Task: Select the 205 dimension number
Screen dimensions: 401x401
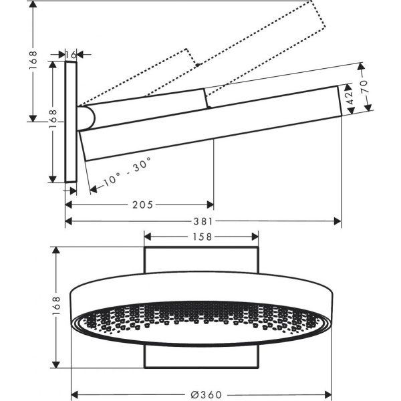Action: point(142,204)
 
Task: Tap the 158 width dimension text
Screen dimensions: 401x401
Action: point(202,237)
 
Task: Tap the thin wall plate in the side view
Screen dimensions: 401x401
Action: point(72,121)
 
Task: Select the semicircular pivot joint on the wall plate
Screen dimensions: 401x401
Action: point(86,118)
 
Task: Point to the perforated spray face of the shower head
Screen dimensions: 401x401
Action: point(200,318)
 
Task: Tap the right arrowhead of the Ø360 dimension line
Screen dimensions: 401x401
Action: point(332,393)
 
